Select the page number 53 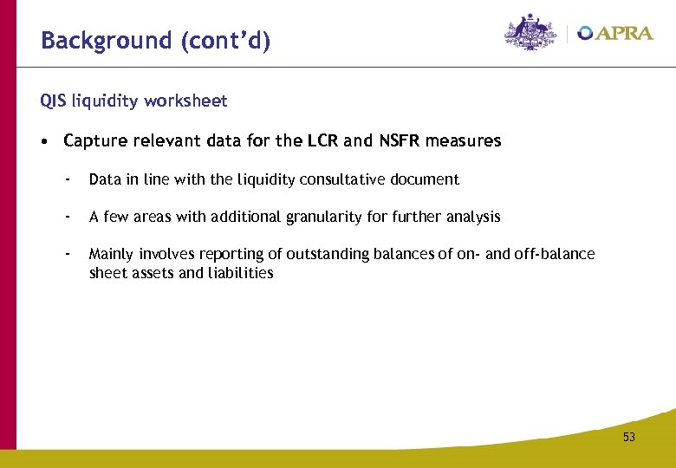(628, 438)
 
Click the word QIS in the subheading (53, 101)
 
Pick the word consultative (341, 180)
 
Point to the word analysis (474, 217)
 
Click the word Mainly (109, 254)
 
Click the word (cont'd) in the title (226, 41)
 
